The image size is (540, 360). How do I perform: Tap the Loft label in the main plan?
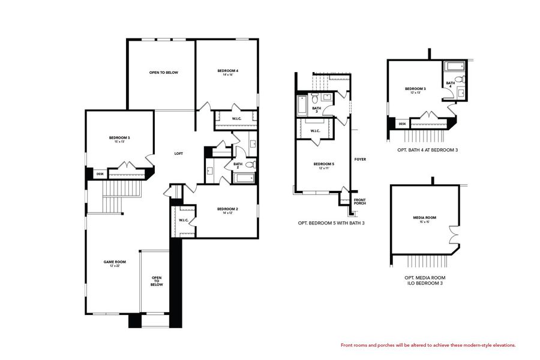tap(178, 154)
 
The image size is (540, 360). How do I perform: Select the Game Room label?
tap(115, 263)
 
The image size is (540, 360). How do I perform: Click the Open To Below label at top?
tap(164, 73)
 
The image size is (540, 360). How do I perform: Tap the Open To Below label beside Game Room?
tap(157, 281)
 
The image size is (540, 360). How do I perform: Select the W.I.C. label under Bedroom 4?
tap(236, 119)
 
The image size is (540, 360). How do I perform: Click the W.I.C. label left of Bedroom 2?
tap(184, 220)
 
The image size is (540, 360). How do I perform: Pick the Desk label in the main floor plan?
tap(100, 174)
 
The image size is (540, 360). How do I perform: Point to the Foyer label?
tap(360, 159)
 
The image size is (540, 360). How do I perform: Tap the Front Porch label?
tap(359, 202)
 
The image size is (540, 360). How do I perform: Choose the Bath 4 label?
tap(449, 85)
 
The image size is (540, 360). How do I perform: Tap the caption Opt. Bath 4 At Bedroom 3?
tap(427, 149)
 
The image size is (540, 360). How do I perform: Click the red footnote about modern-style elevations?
tap(428, 345)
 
